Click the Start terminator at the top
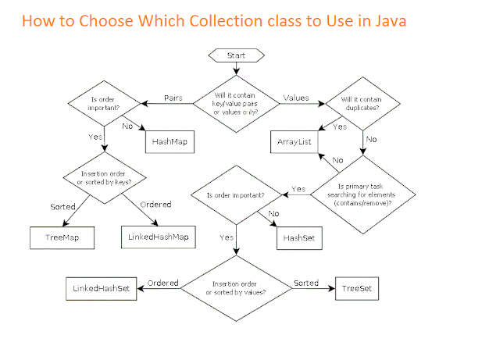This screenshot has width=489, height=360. coord(236,56)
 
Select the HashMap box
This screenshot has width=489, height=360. coord(170,141)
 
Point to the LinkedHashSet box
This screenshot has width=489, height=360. coord(102,288)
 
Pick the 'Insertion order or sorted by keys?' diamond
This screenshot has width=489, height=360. coord(105,177)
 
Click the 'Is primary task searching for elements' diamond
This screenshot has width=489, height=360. coord(361,191)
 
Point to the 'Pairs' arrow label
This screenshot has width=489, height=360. coord(173,98)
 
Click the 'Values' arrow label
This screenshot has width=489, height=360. coord(295,98)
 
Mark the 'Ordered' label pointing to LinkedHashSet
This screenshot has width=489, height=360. coord(163,282)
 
